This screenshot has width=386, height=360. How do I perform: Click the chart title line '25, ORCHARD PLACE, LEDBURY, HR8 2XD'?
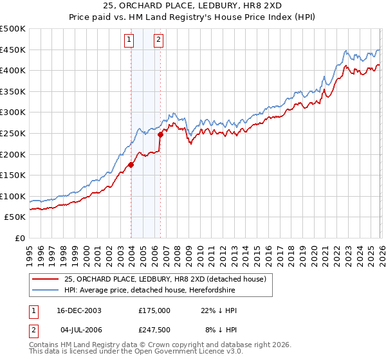[x=193, y=6]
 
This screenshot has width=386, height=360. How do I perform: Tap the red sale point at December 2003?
[x=131, y=165]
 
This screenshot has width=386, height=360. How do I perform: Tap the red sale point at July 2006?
[x=160, y=134]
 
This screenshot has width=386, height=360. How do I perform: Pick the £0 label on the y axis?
[x=21, y=238]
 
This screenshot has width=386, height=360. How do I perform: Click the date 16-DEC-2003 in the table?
[x=79, y=310]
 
